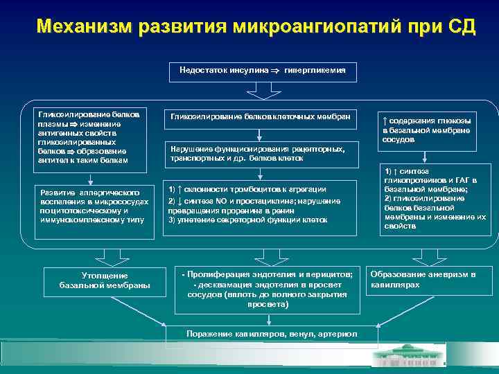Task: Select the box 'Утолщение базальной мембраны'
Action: [105, 280]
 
